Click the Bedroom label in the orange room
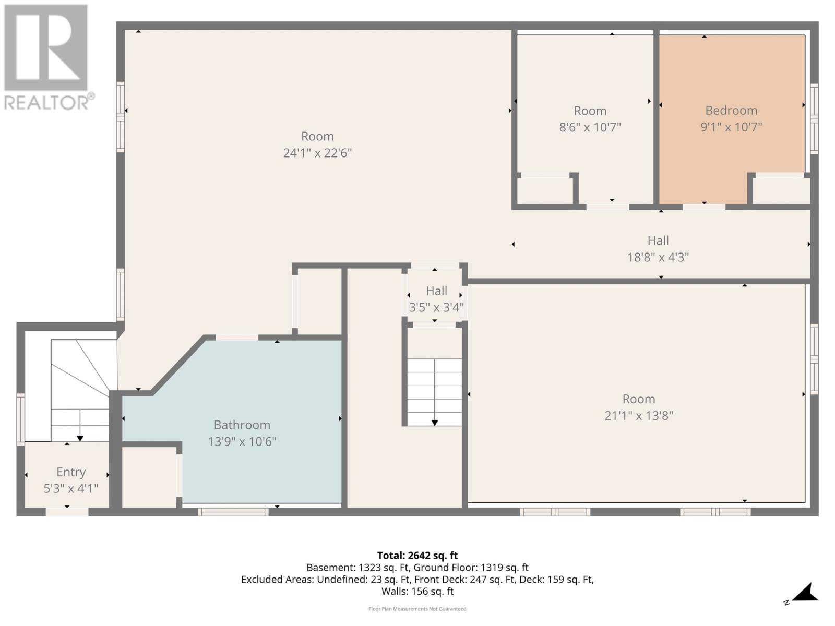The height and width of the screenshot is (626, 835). click(731, 110)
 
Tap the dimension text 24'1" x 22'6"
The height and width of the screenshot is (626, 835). click(317, 153)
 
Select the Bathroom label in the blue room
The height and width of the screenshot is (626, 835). click(242, 425)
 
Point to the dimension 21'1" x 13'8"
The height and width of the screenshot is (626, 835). click(638, 416)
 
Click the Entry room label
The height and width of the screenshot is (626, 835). click(71, 472)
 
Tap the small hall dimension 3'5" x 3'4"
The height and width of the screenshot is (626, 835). click(436, 308)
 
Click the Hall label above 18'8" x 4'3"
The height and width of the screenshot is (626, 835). click(658, 240)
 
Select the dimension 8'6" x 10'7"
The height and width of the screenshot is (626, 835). click(590, 127)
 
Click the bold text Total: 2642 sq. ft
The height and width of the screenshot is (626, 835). click(417, 556)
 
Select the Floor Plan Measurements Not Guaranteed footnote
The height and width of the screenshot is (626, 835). click(417, 609)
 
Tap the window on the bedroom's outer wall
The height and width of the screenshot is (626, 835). click(814, 119)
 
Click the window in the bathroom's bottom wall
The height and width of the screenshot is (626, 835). click(233, 512)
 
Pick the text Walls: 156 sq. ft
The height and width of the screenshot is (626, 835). click(417, 592)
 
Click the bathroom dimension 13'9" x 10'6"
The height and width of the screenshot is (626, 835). click(242, 442)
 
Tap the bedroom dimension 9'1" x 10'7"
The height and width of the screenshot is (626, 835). click(731, 127)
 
